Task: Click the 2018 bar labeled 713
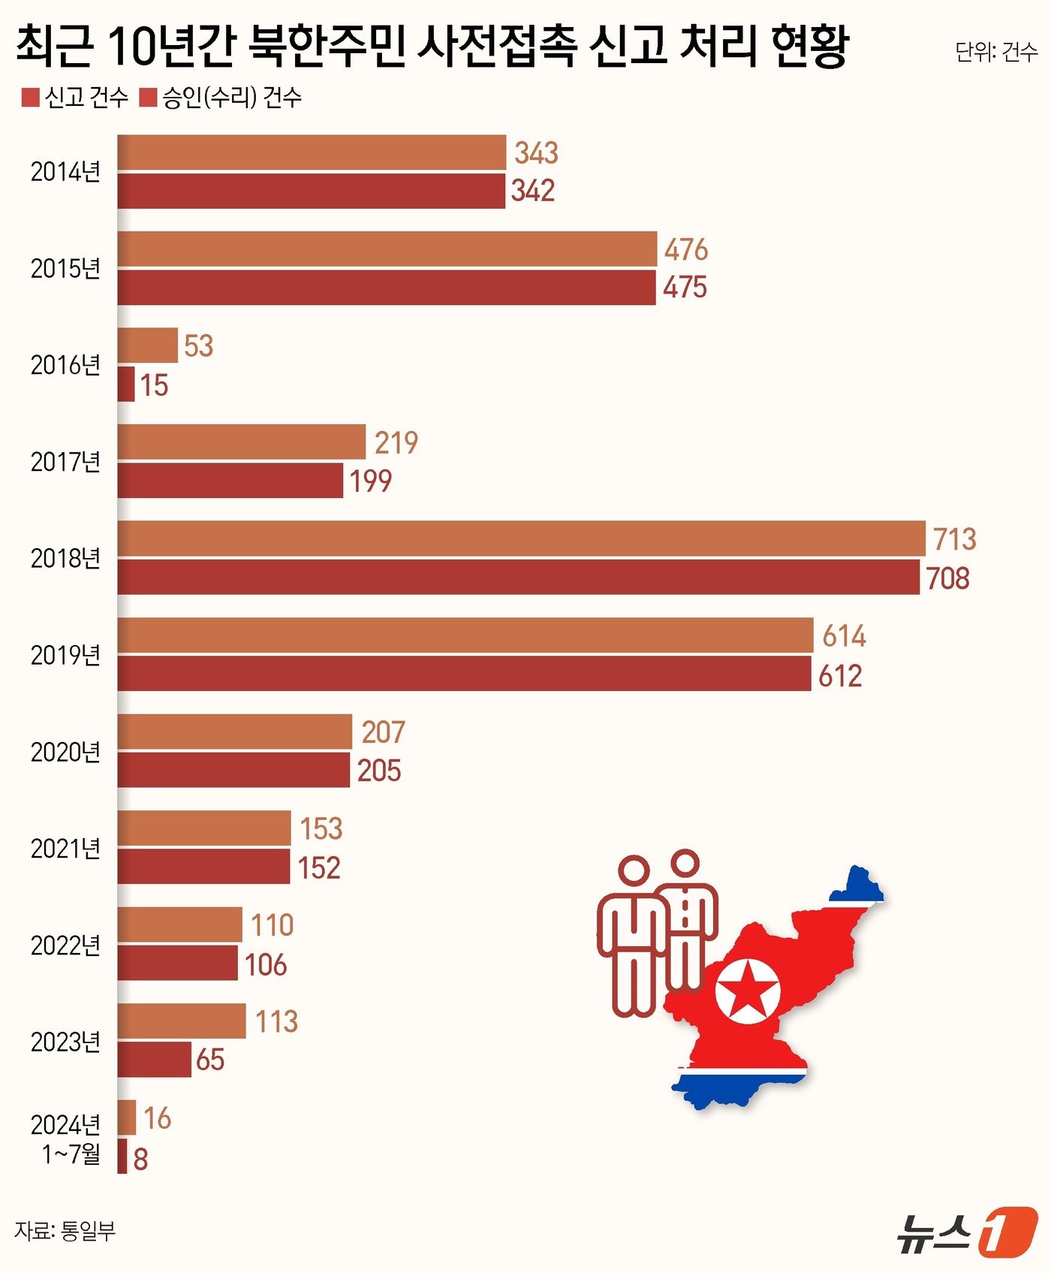click(521, 538)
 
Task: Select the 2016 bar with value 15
click(126, 385)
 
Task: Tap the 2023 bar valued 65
click(155, 1060)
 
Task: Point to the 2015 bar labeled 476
click(387, 249)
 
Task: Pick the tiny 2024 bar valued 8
click(122, 1157)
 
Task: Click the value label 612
click(840, 676)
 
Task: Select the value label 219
click(396, 442)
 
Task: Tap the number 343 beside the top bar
click(536, 153)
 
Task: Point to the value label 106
click(266, 964)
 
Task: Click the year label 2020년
click(65, 752)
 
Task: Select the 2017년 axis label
click(65, 462)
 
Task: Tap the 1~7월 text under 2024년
click(71, 1154)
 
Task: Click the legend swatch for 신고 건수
click(30, 98)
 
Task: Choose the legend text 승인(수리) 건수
click(232, 98)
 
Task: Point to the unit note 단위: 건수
click(995, 52)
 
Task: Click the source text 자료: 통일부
click(65, 1231)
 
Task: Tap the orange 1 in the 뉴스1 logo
click(1007, 1232)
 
